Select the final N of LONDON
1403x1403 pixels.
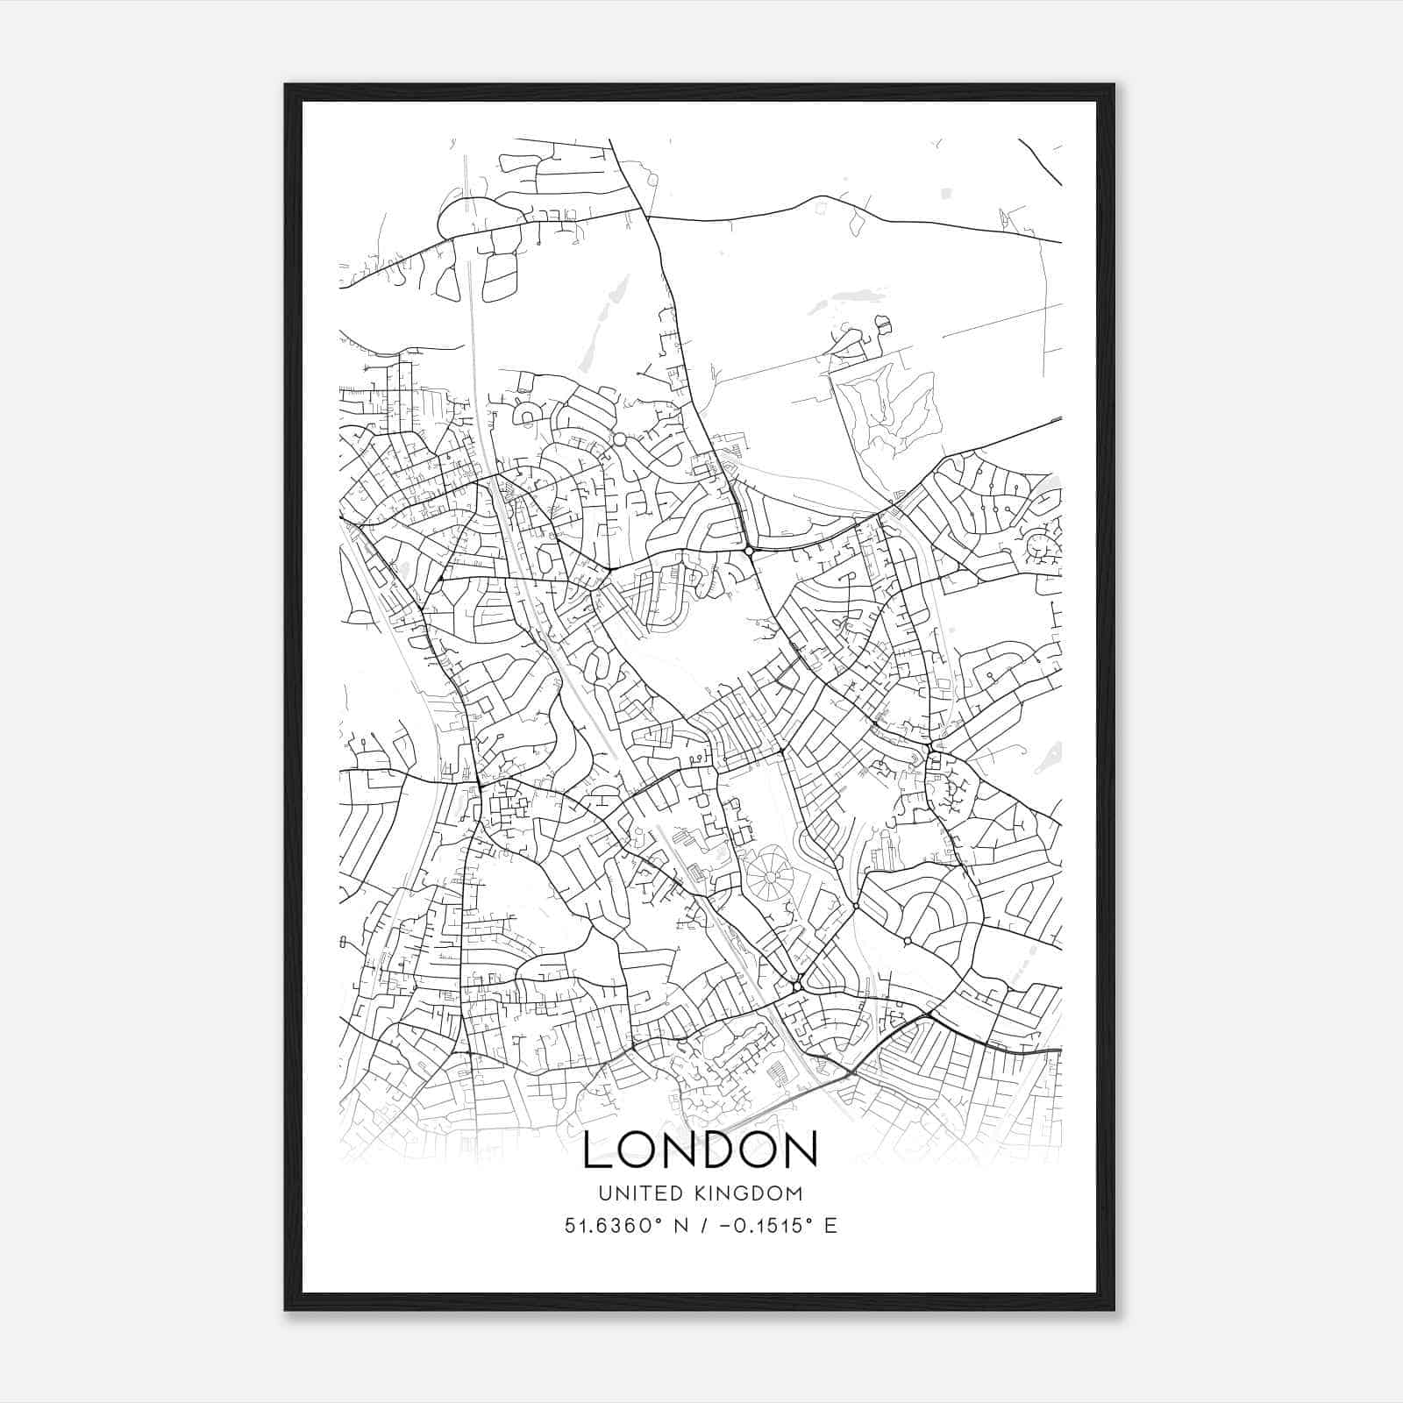(801, 1150)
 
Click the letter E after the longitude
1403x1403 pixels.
(830, 1226)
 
